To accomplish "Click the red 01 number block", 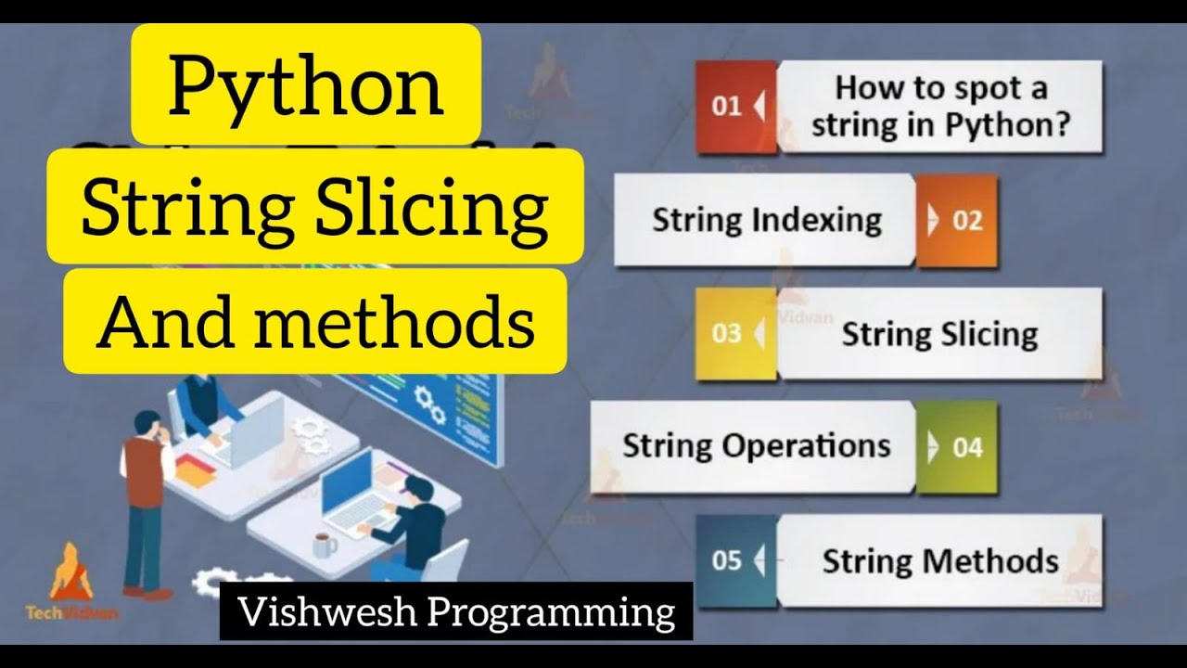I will tap(735, 107).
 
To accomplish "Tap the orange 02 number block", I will tap(958, 221).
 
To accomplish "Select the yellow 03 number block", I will tap(735, 334).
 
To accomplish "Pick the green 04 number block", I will tap(958, 447).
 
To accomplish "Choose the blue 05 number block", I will tap(735, 560).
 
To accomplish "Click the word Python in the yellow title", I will tap(306, 85).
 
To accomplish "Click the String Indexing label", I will tap(767, 221).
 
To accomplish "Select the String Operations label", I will tap(756, 446).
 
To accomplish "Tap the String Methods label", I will tap(940, 560).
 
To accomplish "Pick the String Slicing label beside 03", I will tap(939, 334).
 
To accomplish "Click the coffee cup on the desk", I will tap(323, 542).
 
